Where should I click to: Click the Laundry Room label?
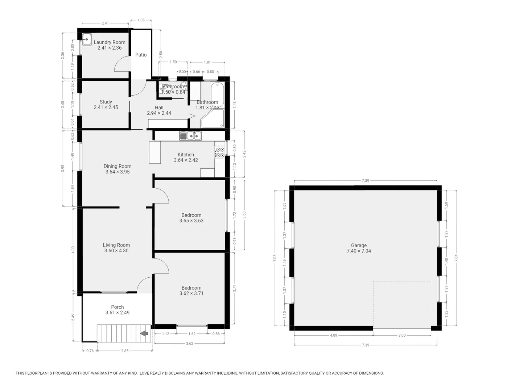pyautogui.click(x=110, y=42)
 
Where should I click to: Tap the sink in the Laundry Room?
pyautogui.click(x=87, y=39)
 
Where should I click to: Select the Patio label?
pyautogui.click(x=141, y=55)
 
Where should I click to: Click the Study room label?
pyautogui.click(x=106, y=102)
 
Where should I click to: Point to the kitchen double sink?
pyautogui.click(x=190, y=136)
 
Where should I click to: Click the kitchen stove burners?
pyautogui.click(x=219, y=152)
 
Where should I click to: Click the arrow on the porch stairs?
pyautogui.click(x=144, y=333)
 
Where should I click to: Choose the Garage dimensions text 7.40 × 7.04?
pyautogui.click(x=359, y=251)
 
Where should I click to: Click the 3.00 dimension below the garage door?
pyautogui.click(x=402, y=335)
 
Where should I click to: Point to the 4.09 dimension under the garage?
pyautogui.click(x=333, y=335)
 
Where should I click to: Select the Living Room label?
pyautogui.click(x=116, y=245)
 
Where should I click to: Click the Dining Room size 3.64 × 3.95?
pyautogui.click(x=118, y=172)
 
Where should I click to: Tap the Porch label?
pyautogui.click(x=117, y=307)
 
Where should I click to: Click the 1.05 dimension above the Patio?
pyautogui.click(x=141, y=20)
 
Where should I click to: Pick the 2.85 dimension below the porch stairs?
pyautogui.click(x=124, y=350)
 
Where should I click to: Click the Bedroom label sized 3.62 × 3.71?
pyautogui.click(x=191, y=288)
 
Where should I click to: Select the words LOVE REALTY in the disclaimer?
pyautogui.click(x=152, y=373)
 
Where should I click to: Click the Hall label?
pyautogui.click(x=159, y=108)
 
